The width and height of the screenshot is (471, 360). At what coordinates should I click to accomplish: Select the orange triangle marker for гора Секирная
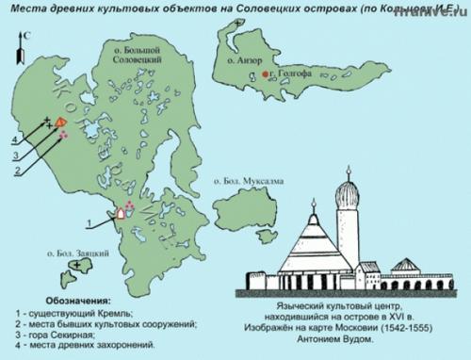(x=60, y=122)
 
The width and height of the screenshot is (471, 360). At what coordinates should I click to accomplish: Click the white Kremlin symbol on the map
(x=121, y=213)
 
